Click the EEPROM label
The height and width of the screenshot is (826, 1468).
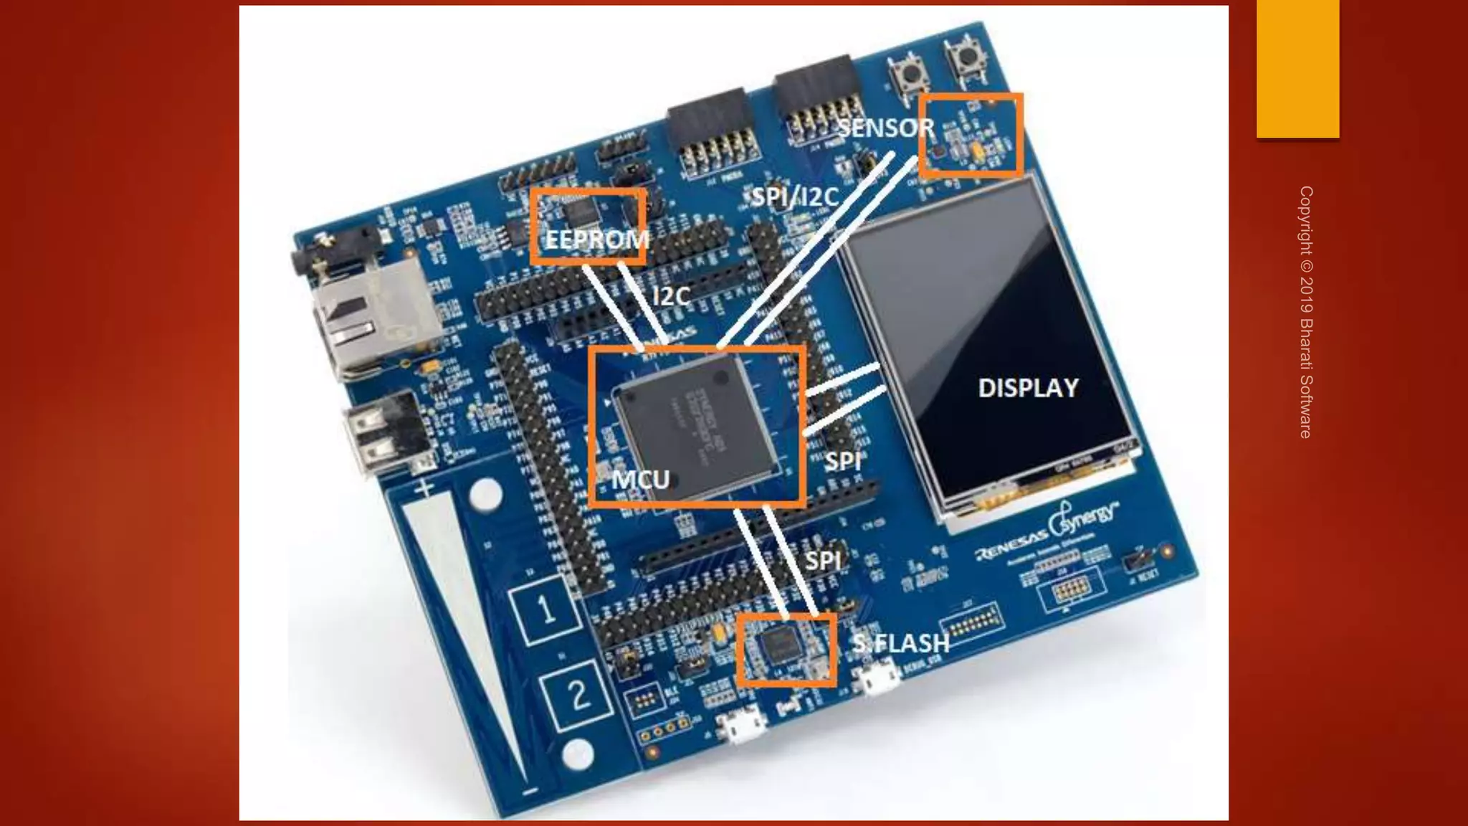(596, 239)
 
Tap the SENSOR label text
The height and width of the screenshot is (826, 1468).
(886, 128)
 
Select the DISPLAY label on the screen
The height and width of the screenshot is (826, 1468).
(1028, 388)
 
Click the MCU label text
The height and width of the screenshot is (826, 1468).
(640, 479)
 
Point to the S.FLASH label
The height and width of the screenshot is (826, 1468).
(900, 643)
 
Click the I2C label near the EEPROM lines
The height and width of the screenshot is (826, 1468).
(671, 296)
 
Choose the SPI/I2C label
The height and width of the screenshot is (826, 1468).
(794, 196)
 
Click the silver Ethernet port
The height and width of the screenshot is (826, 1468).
(373, 315)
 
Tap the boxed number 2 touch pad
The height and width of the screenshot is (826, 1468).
(578, 694)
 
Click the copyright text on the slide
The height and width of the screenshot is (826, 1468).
(1306, 312)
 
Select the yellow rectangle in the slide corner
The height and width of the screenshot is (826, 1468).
(1297, 68)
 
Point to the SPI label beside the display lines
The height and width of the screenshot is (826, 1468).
(842, 462)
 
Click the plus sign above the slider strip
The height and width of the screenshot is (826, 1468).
(425, 488)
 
